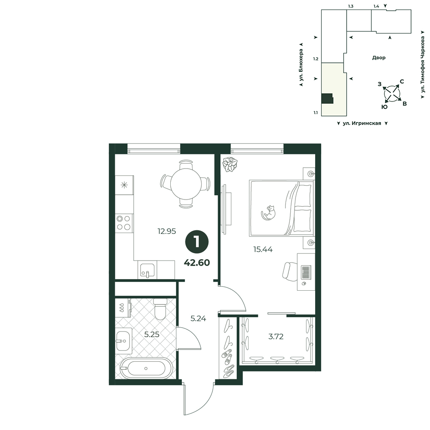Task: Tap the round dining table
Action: (x=186, y=184)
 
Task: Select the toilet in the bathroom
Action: (x=160, y=309)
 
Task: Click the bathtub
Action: (x=146, y=369)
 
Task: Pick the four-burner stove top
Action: (x=124, y=223)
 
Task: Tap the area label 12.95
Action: (x=166, y=231)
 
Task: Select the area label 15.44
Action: (x=263, y=249)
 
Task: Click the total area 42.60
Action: (x=197, y=262)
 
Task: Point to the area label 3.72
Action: (x=276, y=336)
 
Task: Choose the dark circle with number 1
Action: (x=197, y=242)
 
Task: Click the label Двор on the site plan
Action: (x=379, y=58)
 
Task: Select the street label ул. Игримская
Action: (x=362, y=123)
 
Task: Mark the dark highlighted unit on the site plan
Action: (x=327, y=99)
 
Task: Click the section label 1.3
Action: (x=350, y=6)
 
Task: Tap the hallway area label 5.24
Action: (x=198, y=318)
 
